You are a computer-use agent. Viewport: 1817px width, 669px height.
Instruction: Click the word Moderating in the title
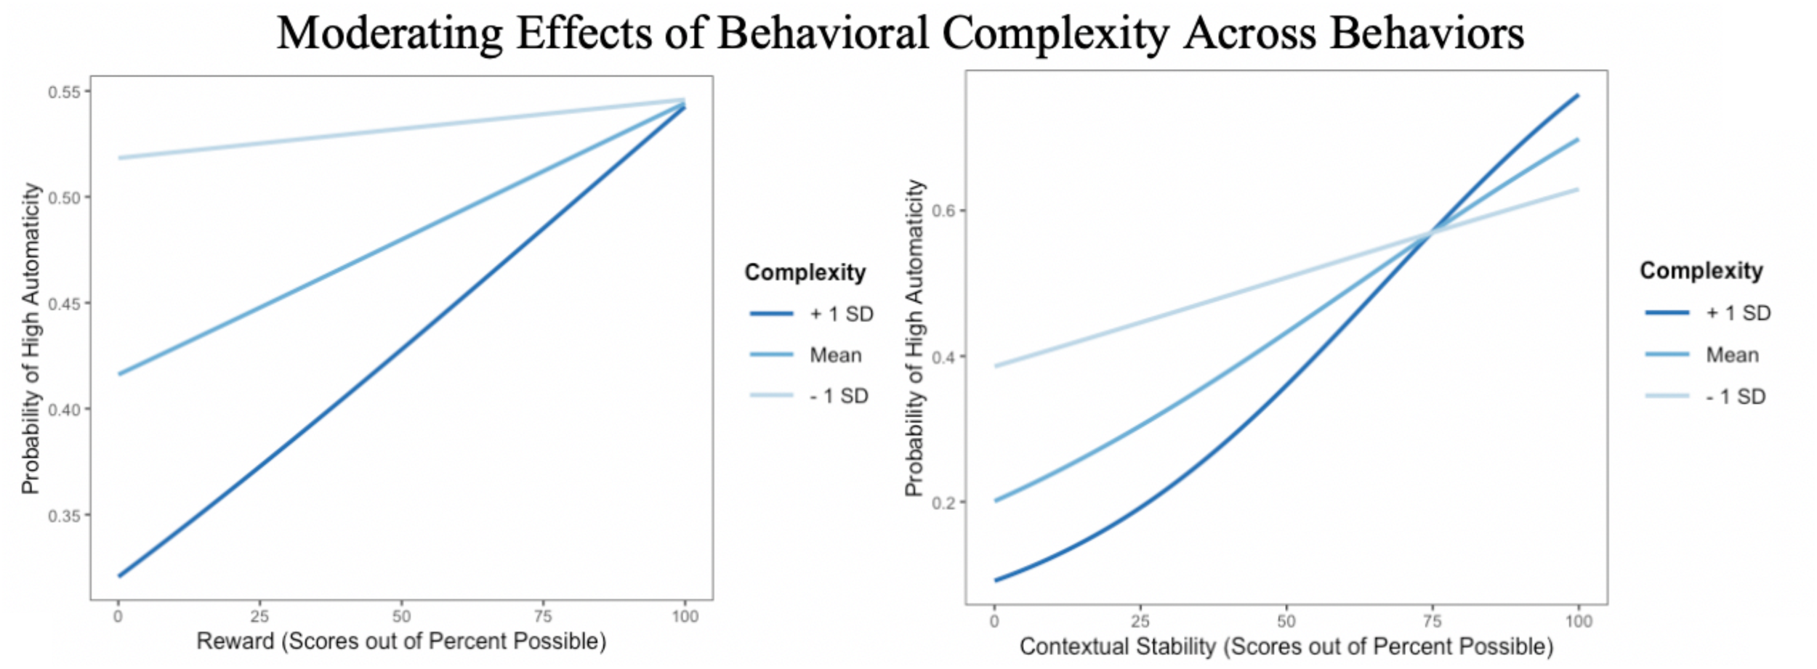pyautogui.click(x=390, y=33)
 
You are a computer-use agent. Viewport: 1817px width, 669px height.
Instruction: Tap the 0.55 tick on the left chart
pyautogui.click(x=64, y=92)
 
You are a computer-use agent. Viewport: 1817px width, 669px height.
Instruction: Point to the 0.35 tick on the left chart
pyautogui.click(x=64, y=516)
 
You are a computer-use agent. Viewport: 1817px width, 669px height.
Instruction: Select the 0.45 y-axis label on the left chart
pyautogui.click(x=64, y=304)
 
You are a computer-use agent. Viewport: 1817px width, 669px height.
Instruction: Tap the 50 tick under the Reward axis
pyautogui.click(x=401, y=617)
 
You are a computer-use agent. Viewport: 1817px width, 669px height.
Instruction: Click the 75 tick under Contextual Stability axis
pyautogui.click(x=1432, y=621)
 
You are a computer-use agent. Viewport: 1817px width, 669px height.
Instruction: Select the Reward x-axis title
pyautogui.click(x=401, y=641)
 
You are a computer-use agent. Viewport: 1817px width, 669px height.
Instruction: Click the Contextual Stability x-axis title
pyautogui.click(x=1286, y=646)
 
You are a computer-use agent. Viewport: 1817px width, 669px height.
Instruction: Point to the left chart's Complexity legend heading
pyautogui.click(x=805, y=272)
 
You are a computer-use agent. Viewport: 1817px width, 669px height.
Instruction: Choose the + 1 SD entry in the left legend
pyautogui.click(x=841, y=314)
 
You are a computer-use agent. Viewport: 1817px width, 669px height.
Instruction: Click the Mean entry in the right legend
pyautogui.click(x=1732, y=355)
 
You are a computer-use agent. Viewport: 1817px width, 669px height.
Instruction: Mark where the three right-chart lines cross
pyautogui.click(x=1430, y=233)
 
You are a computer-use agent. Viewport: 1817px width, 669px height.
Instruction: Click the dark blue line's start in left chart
pyautogui.click(x=120, y=576)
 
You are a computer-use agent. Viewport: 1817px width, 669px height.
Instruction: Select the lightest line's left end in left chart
pyautogui.click(x=120, y=158)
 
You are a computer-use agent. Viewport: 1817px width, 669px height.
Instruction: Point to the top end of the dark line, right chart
pyautogui.click(x=1577, y=95)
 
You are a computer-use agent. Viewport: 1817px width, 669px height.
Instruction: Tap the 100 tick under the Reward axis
pyautogui.click(x=685, y=617)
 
